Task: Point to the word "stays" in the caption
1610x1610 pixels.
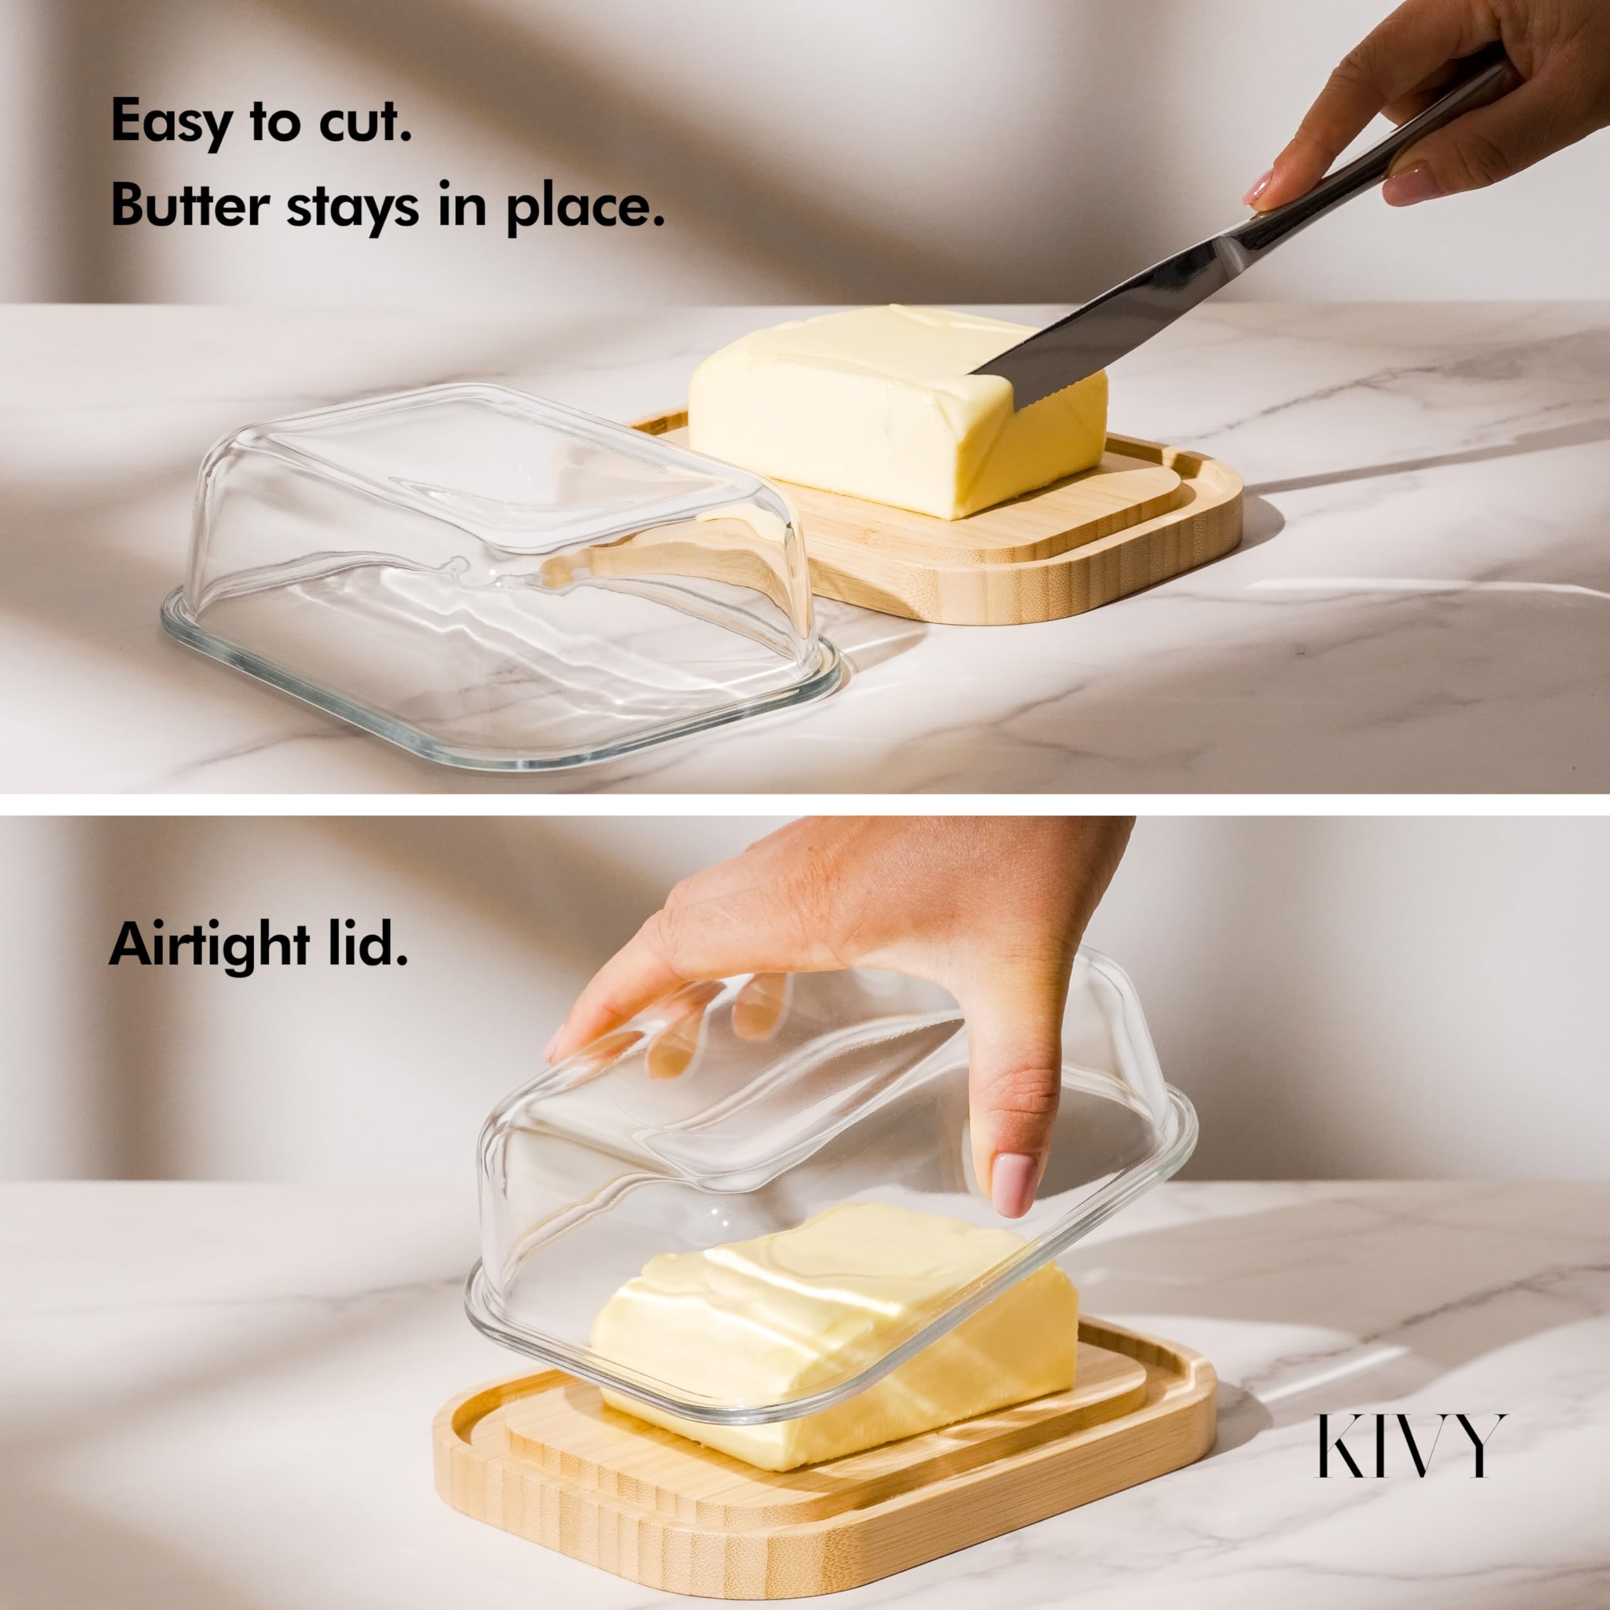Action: [352, 208]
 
